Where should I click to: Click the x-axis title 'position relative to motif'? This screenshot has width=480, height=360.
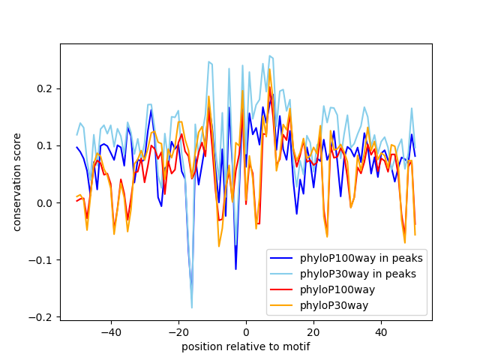tap(246, 346)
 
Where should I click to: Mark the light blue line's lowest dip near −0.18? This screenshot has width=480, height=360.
tap(192, 307)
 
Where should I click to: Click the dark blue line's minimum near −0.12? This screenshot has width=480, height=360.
tap(235, 269)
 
